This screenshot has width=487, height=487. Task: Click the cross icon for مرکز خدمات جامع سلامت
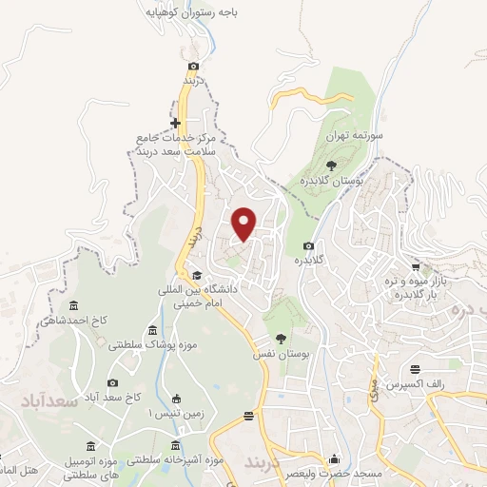coord(175,123)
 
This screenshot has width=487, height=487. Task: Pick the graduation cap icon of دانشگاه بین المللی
coord(197,276)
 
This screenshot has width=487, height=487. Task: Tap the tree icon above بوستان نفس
coord(280,338)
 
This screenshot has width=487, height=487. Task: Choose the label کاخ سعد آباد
coord(111,395)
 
